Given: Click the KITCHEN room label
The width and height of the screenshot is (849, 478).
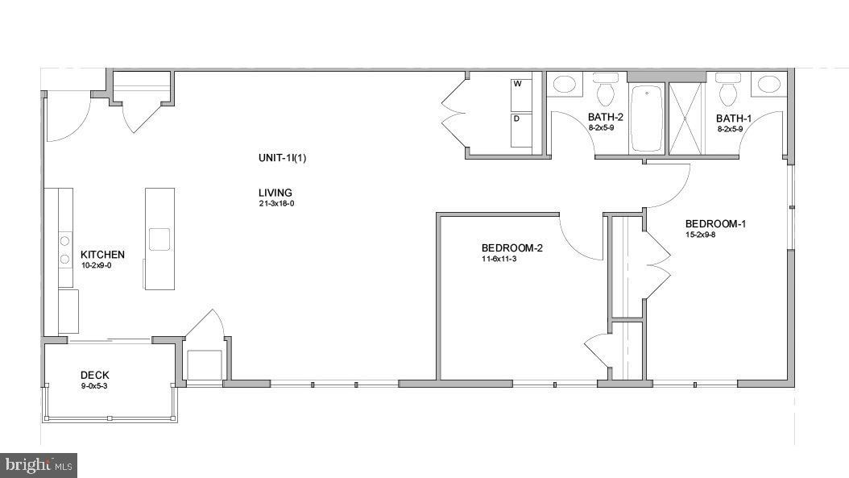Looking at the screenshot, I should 102,255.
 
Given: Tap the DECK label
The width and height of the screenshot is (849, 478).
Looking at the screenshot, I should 94,375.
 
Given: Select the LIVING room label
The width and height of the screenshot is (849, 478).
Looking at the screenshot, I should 275,193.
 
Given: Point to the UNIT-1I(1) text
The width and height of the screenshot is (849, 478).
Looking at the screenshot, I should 282,158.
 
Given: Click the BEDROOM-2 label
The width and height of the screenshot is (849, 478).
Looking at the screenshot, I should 511,248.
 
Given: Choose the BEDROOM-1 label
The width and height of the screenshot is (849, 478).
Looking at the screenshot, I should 715,223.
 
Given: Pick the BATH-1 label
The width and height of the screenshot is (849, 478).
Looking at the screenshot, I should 734,118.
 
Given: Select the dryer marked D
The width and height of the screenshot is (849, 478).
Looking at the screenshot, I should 520,130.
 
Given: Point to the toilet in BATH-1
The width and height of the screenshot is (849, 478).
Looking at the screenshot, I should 728,89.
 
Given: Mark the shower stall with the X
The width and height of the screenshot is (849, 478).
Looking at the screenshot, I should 686,118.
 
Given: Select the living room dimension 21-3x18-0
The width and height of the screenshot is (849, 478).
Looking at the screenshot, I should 275,204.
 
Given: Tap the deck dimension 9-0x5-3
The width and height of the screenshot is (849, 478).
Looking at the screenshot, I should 93,385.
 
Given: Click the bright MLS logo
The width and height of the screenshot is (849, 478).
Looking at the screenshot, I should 39,464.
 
